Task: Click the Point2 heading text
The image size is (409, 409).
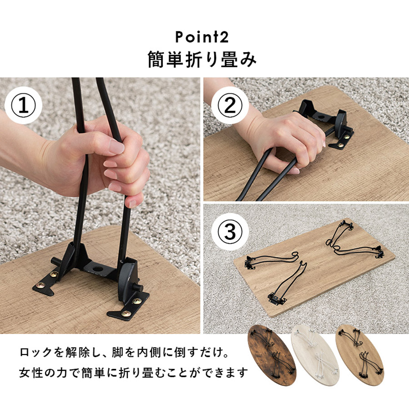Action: pyautogui.click(x=202, y=37)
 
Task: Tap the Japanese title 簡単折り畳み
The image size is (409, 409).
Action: pyautogui.click(x=202, y=60)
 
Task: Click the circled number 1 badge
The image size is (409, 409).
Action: pyautogui.click(x=23, y=105)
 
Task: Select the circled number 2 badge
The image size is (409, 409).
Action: pyautogui.click(x=230, y=105)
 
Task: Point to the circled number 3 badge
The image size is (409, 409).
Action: pyautogui.click(x=230, y=232)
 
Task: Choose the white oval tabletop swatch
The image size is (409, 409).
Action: pyautogui.click(x=315, y=355)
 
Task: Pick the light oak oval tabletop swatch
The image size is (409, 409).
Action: pyautogui.click(x=359, y=355)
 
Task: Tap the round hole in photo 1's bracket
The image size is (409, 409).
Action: pyautogui.click(x=98, y=269)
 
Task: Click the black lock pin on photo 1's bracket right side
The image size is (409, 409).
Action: pyautogui.click(x=137, y=288)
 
